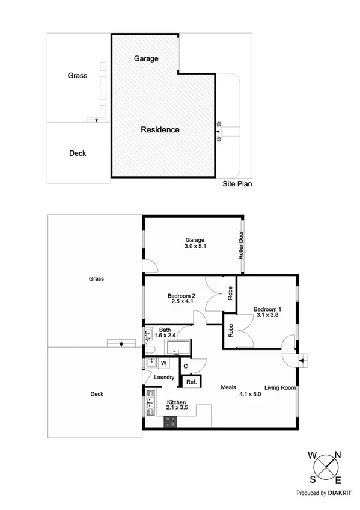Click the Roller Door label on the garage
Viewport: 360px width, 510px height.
pyautogui.click(x=241, y=245)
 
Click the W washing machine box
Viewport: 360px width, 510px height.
pyautogui.click(x=163, y=363)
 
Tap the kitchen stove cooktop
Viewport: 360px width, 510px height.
pyautogui.click(x=169, y=422)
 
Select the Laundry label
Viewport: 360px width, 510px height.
pyautogui.click(x=164, y=378)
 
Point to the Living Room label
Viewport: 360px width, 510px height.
pyautogui.click(x=281, y=388)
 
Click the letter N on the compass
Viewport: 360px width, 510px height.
pyautogui.click(x=337, y=455)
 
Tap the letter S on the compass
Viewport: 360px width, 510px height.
pyautogui.click(x=313, y=479)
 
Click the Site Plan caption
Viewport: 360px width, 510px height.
pyautogui.click(x=237, y=184)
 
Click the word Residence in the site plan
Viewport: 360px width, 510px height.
pyautogui.click(x=160, y=129)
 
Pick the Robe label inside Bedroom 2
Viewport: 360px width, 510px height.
pyautogui.click(x=230, y=293)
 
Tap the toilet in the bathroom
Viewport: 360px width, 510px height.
pyautogui.click(x=150, y=350)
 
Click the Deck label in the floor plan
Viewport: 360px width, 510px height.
pyautogui.click(x=97, y=394)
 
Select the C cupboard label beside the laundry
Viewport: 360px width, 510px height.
pyautogui.click(x=186, y=366)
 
